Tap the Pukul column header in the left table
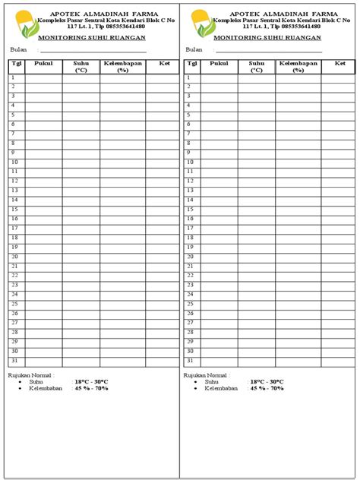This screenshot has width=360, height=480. tap(43, 65)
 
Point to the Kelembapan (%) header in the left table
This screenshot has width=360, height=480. tap(122, 67)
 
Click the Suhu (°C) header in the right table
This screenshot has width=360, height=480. tap(257, 67)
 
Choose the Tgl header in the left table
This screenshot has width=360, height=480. tap(15, 65)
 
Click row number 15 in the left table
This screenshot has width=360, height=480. tap(14, 210)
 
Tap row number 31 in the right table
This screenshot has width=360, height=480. tap(191, 361)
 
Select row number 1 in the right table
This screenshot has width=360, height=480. tap(191, 77)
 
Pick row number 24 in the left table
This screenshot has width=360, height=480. tap(14, 295)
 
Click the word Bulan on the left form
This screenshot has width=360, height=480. tap(18, 49)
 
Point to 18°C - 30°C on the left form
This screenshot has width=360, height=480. tap(91, 381)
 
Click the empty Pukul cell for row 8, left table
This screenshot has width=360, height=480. tap(43, 144)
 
